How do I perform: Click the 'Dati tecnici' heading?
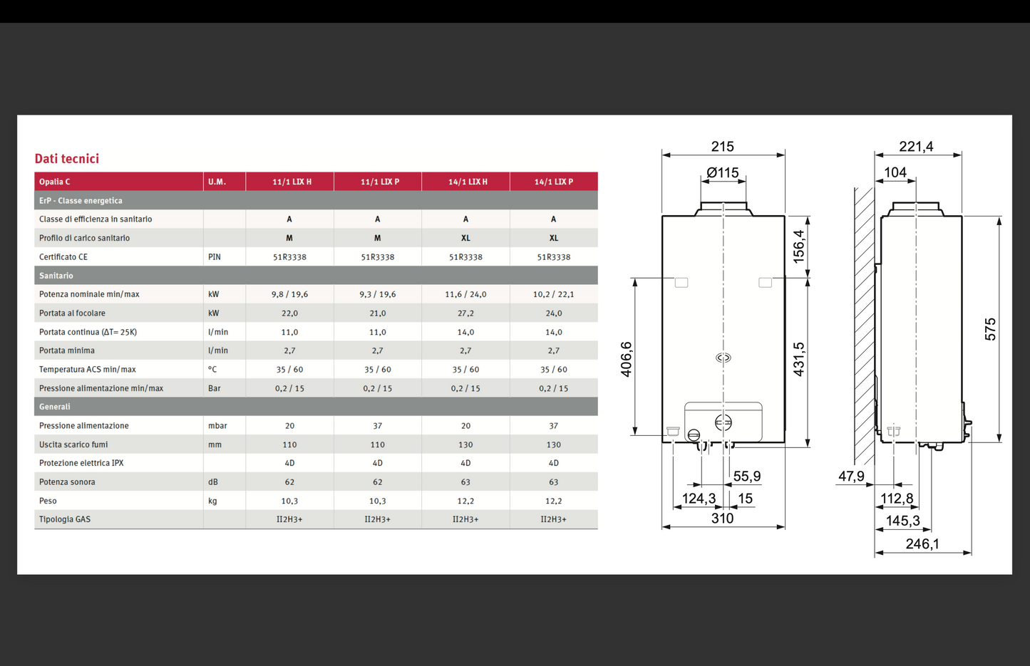pyautogui.click(x=67, y=159)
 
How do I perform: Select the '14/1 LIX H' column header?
pyautogui.click(x=468, y=182)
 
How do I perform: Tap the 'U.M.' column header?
pyautogui.click(x=217, y=182)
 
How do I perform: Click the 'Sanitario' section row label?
pyautogui.click(x=56, y=276)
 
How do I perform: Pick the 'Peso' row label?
pyautogui.click(x=48, y=501)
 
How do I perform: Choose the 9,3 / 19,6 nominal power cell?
pyautogui.click(x=378, y=294)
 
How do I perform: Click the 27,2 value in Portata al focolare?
pyautogui.click(x=465, y=313)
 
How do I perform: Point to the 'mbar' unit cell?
pyautogui.click(x=217, y=426)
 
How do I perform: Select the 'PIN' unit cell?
pyautogui.click(x=215, y=257)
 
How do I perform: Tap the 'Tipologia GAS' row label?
pyautogui.click(x=65, y=519)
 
